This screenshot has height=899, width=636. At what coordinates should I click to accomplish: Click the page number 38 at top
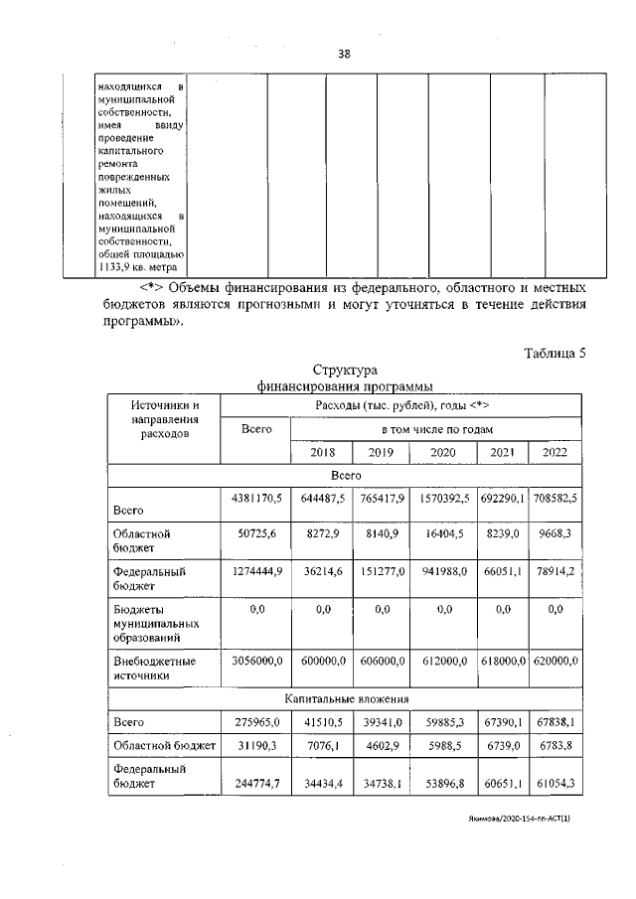click(x=344, y=54)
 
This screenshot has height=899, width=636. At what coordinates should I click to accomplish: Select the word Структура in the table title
click(x=346, y=371)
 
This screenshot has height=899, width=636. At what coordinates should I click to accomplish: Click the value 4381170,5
click(x=253, y=497)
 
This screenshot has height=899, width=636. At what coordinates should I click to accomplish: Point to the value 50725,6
click(x=253, y=533)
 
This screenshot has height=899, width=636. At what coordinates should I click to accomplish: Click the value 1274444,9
click(x=253, y=572)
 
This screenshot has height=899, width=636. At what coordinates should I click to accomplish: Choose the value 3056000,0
click(x=253, y=661)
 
